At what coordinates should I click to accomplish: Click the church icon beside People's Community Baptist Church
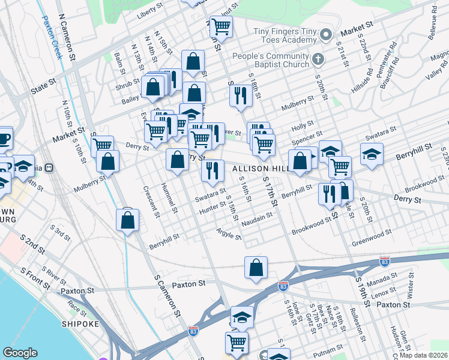(318, 59)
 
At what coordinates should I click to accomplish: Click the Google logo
(20, 353)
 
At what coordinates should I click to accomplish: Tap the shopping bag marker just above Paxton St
(256, 268)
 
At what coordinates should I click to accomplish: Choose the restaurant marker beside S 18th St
(240, 96)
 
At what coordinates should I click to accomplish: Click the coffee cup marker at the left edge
(4, 138)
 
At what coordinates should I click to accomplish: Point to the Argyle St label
(229, 233)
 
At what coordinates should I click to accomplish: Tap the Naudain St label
(257, 223)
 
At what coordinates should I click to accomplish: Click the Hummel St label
(170, 199)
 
